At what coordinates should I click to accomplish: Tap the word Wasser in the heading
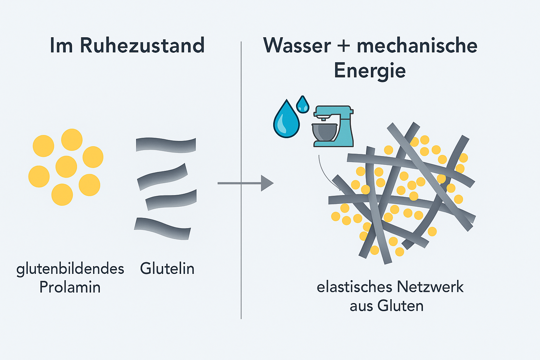(x=297, y=46)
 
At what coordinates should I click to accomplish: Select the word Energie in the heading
(x=370, y=71)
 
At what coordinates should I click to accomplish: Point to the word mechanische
(x=417, y=46)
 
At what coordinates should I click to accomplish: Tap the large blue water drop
(x=286, y=120)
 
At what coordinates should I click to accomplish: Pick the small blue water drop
(x=302, y=104)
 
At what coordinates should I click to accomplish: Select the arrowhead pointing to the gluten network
(x=267, y=183)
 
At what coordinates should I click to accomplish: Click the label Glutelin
(x=167, y=269)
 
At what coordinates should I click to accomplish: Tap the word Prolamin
(x=70, y=287)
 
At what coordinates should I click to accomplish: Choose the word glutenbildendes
(x=70, y=269)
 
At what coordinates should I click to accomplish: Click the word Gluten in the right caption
(x=400, y=306)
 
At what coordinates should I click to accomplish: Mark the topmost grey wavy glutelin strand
(x=166, y=145)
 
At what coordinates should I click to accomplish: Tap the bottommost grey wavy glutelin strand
(x=162, y=228)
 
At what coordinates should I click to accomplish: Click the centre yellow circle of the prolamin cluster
(x=66, y=167)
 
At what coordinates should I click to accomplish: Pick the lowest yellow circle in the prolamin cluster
(x=62, y=194)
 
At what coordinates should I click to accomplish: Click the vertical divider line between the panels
(x=241, y=246)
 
